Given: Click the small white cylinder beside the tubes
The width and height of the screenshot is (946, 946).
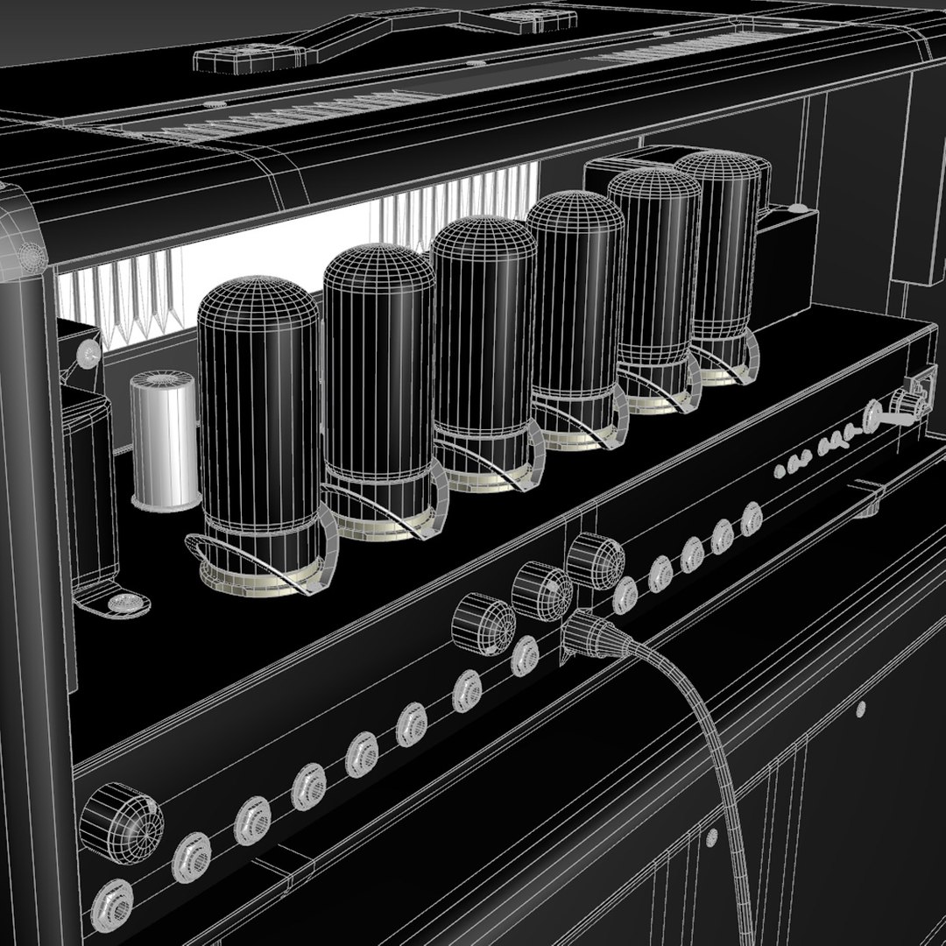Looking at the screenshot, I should click(164, 440).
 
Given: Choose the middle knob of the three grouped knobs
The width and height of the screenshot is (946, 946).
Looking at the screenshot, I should click(540, 591).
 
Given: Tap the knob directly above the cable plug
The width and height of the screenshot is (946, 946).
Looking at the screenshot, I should click(595, 558).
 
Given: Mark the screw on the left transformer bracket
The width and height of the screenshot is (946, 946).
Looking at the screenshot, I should click(88, 354).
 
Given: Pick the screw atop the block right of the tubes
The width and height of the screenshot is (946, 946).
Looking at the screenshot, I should click(796, 209).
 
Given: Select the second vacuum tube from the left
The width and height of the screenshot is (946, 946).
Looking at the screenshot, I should click(377, 377).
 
